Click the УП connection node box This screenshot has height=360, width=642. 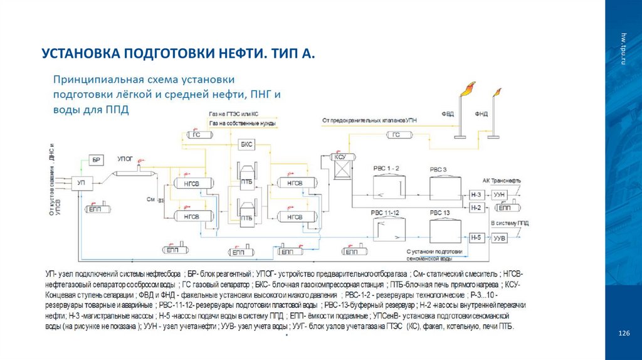pos(81,183)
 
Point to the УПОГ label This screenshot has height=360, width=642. pos(126,159)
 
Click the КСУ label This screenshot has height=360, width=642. pos(341,157)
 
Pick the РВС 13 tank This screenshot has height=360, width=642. pos(440,230)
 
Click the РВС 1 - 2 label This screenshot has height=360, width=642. pos(385,169)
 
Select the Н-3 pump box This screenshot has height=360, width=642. pos(476,195)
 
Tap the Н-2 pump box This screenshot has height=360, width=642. pos(476,208)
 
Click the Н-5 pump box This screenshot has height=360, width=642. pos(476,238)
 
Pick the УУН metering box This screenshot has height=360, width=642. pos(500,195)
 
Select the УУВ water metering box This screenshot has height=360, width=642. pos(500,238)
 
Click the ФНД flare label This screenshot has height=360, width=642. pos(481,114)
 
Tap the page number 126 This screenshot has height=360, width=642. pos(623,333)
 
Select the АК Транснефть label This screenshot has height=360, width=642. pos(501,180)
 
